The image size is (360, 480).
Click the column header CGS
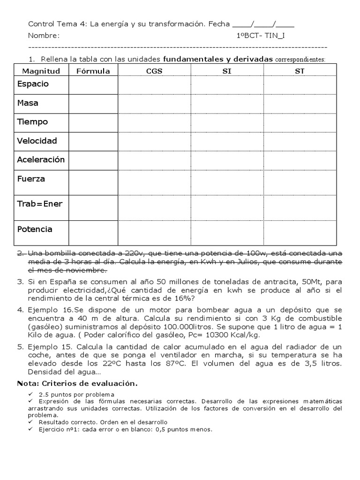coord(154,71)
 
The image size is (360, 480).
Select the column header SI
coord(227,71)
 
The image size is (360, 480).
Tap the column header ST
coord(300,71)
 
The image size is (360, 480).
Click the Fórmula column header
coord(93,71)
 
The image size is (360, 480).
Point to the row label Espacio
coord(33,84)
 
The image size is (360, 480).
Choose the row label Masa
coord(28,103)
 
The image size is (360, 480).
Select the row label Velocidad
coord(37,141)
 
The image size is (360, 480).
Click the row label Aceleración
coord(41,159)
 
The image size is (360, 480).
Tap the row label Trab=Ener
coord(40,203)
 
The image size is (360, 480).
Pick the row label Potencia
coord(35,229)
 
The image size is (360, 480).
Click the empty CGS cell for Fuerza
coord(154,179)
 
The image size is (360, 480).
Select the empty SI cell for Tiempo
coord(227,122)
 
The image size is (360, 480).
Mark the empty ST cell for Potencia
coord(300,232)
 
